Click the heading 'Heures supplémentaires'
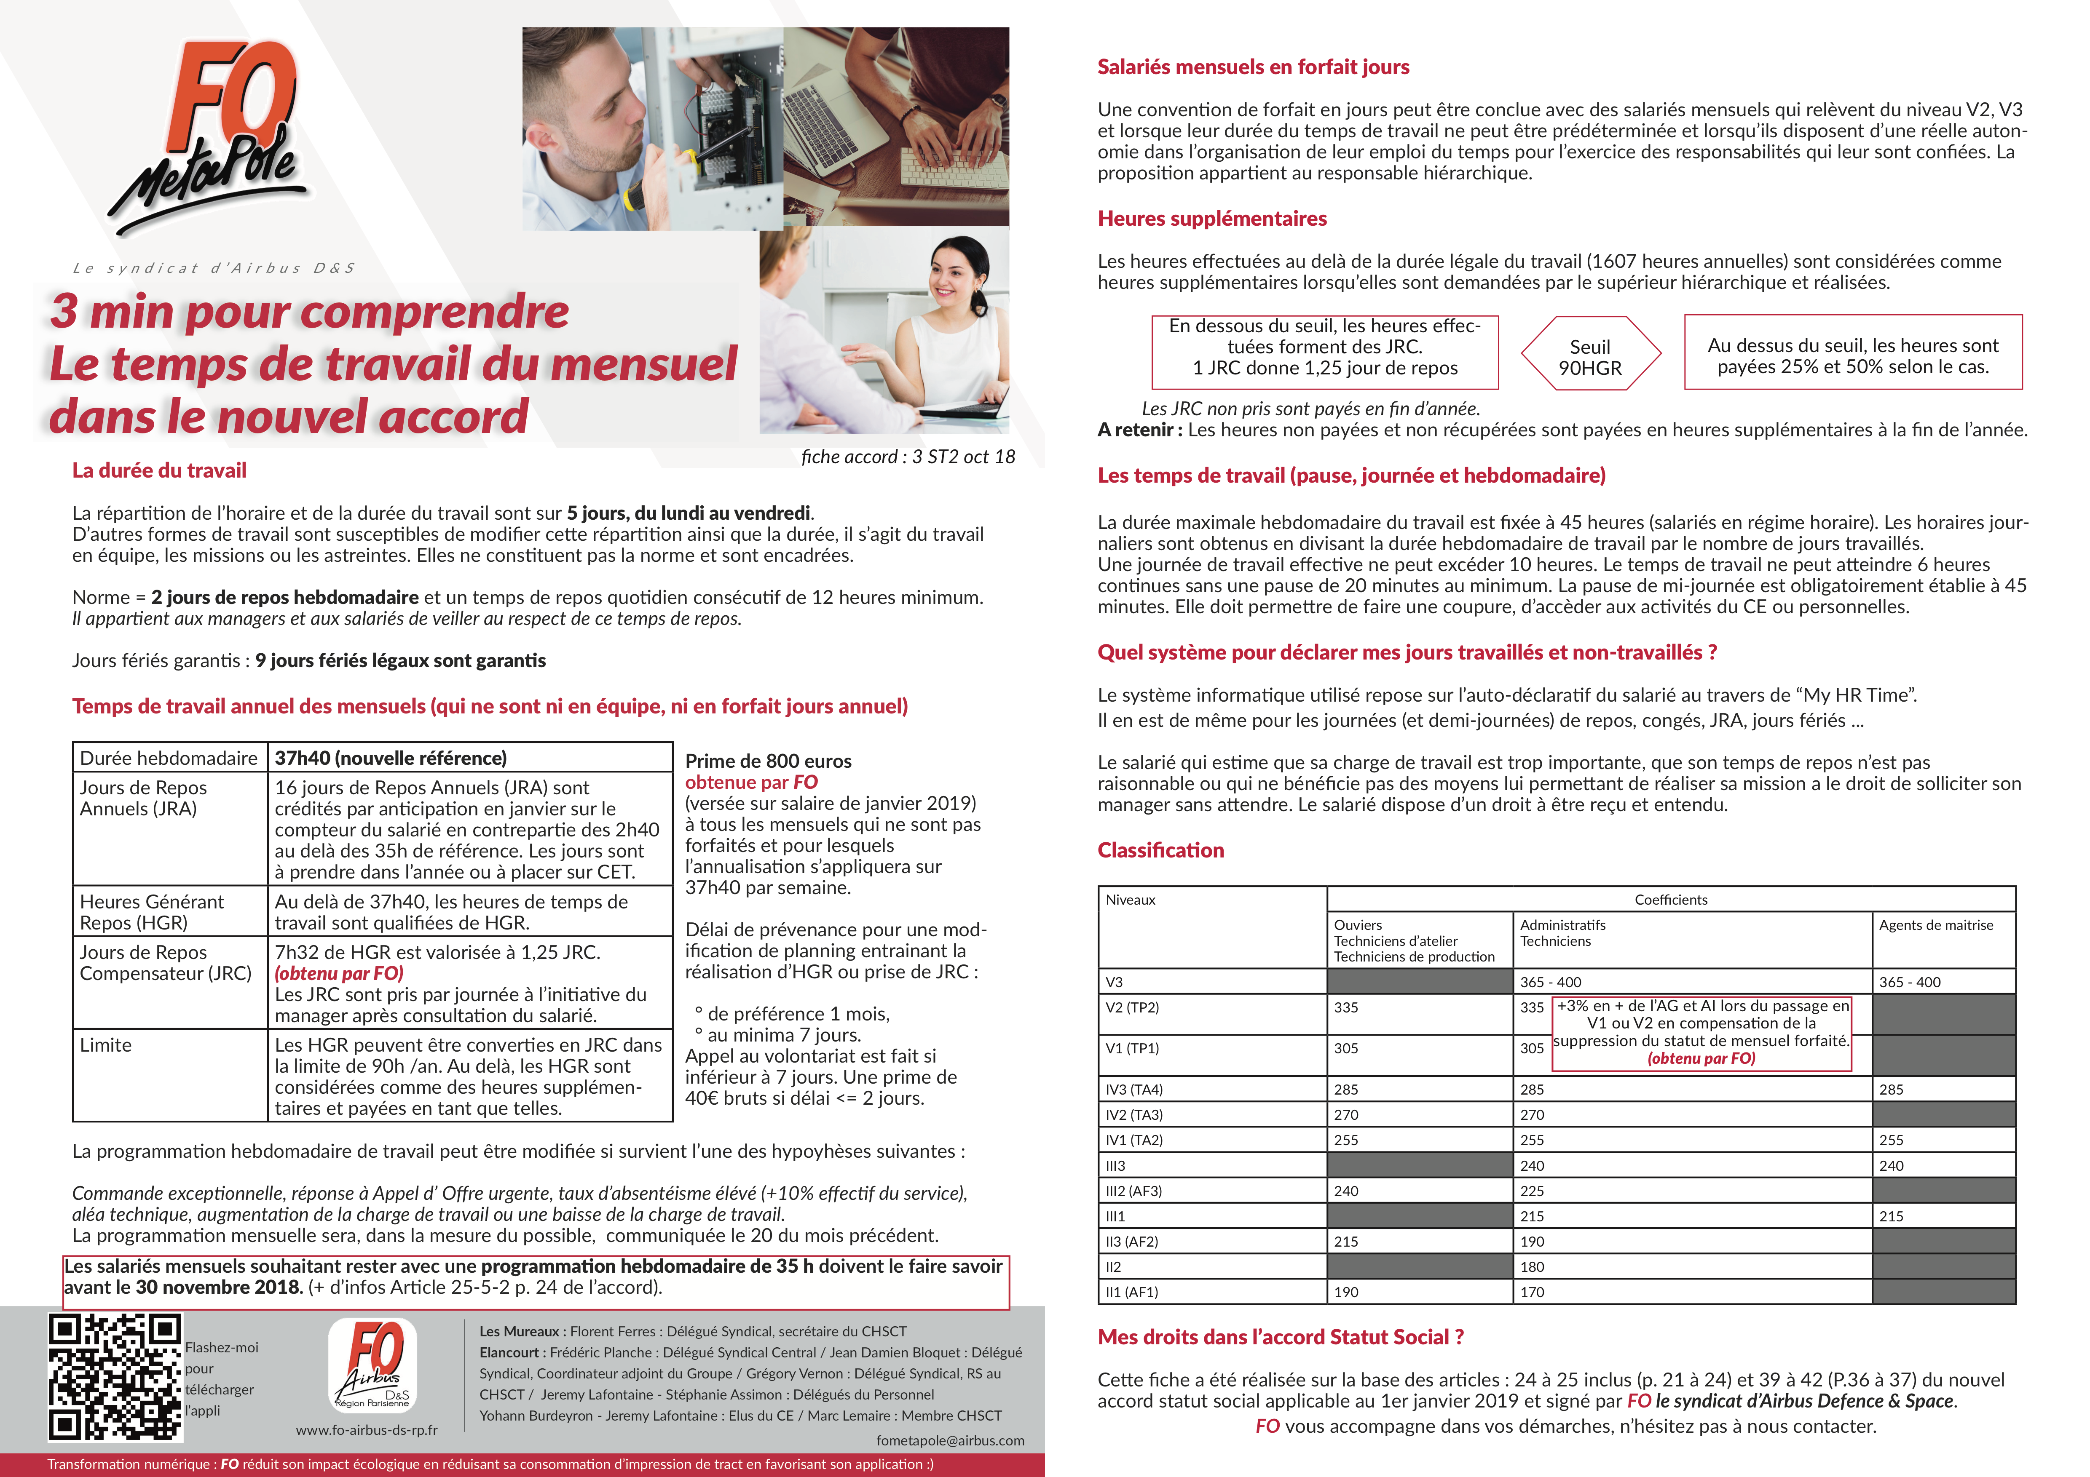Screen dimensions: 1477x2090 (x=1211, y=219)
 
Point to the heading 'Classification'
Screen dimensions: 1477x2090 (x=1160, y=850)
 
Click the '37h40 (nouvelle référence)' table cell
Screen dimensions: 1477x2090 (x=391, y=758)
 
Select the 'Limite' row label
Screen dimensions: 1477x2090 (x=106, y=1045)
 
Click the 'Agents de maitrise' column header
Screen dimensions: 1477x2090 (x=1936, y=924)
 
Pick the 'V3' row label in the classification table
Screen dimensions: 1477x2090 (x=1114, y=982)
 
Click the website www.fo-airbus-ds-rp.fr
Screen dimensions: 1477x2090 (x=367, y=1430)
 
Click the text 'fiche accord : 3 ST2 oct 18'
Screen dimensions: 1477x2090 (x=908, y=457)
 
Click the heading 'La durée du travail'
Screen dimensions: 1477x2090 (x=159, y=470)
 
